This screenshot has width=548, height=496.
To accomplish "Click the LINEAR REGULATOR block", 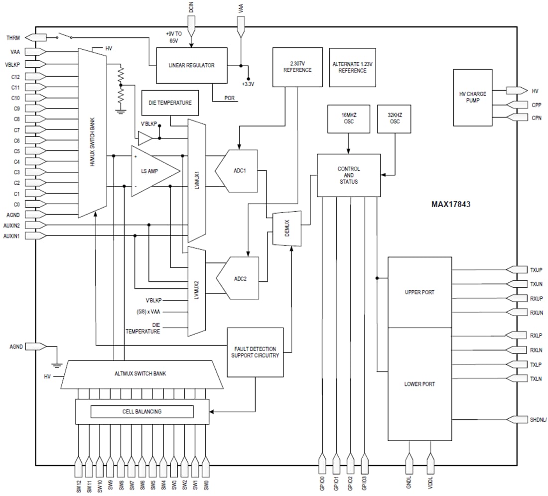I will click(192, 65).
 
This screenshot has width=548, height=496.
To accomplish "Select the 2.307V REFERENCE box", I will click(297, 67).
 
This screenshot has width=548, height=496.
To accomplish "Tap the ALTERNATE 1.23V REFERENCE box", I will click(352, 67).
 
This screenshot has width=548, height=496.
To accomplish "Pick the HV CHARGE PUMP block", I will click(472, 98).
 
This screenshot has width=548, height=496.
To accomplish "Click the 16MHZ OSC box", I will click(348, 119).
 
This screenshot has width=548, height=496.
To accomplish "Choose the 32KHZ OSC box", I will click(395, 119).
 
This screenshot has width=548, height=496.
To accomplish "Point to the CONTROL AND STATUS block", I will click(349, 175).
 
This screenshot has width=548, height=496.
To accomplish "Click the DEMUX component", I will click(287, 228).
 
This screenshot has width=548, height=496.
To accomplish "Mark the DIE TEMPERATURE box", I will click(170, 103).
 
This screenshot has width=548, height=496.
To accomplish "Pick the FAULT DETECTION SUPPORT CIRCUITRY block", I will click(255, 352).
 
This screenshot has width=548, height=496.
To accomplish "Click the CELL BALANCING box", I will click(141, 411).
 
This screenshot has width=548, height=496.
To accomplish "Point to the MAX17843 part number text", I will click(451, 204).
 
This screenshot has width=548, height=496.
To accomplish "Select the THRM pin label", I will click(13, 37).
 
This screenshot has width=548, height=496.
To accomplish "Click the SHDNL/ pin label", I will click(539, 419).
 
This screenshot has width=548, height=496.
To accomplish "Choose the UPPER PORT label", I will click(419, 292).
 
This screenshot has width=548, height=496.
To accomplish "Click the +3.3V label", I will click(248, 84).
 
